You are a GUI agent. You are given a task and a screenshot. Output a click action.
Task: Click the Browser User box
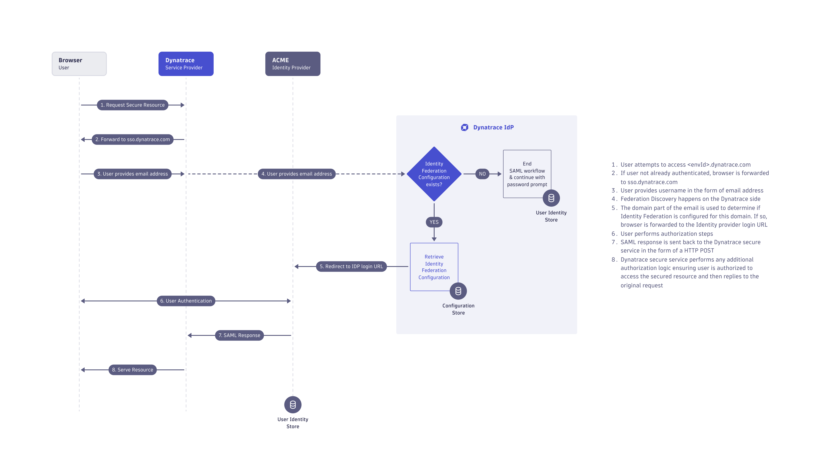79,64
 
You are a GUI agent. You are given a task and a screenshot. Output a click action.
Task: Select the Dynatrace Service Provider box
186,64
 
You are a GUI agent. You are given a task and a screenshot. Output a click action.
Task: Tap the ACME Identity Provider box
292,64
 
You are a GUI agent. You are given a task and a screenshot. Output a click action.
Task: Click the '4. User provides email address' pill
296,174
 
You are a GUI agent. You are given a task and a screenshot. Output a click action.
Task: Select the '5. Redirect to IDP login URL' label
351,266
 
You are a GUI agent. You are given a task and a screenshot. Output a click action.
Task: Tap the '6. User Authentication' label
186,301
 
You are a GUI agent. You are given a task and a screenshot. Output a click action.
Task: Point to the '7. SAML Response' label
239,335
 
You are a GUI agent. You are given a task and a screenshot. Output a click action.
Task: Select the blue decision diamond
434,174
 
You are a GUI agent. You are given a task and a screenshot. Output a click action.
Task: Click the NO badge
482,174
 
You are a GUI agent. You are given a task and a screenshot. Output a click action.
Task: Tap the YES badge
434,222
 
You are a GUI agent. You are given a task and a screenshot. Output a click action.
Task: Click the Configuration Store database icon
458,291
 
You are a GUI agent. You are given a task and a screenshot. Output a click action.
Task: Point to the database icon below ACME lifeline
292,405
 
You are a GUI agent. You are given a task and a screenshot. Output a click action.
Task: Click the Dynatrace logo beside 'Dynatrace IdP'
465,127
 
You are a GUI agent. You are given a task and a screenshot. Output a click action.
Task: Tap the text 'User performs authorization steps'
667,234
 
